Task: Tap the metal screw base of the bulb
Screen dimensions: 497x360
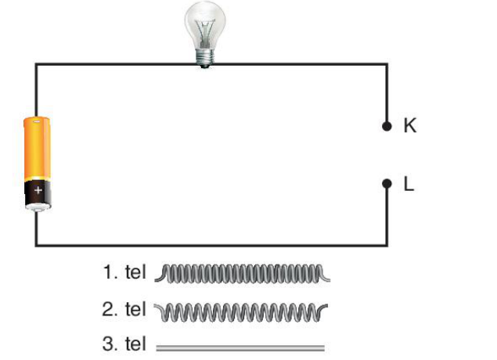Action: click(205, 58)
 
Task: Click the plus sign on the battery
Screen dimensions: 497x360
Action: click(38, 190)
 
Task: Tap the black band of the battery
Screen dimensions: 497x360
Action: click(38, 193)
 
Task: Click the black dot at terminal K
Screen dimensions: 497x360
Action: click(387, 127)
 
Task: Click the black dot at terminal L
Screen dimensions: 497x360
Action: click(387, 183)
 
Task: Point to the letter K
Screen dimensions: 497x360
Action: click(410, 125)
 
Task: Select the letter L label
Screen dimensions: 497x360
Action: click(409, 183)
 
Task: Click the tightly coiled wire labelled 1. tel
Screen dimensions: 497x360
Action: click(243, 273)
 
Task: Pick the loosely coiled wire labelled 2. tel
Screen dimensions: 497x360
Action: click(241, 311)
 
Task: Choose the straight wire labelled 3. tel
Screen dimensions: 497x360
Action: click(240, 348)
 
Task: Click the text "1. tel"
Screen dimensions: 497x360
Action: click(124, 272)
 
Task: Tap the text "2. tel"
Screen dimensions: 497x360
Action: click(124, 309)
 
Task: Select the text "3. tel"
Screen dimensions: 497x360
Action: click(124, 344)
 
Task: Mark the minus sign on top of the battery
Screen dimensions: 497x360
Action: click(37, 121)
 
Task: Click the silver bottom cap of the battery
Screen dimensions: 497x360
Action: click(38, 207)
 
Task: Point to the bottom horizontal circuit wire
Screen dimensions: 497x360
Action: click(211, 245)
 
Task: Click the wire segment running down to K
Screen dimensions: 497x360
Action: click(387, 93)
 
